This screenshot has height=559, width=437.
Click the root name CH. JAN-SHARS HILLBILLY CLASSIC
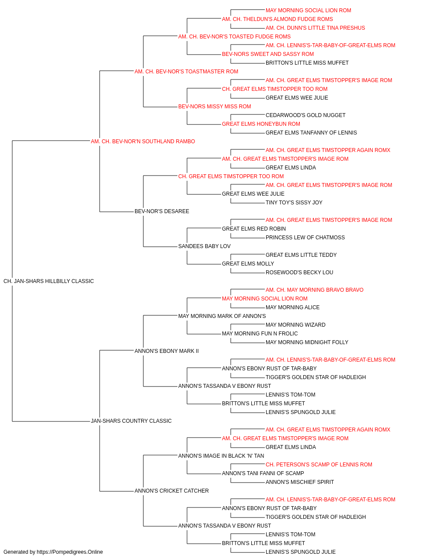tap(49, 281)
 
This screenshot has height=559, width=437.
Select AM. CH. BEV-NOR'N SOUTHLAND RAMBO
tap(143, 141)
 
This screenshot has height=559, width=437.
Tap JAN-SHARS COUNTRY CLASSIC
tap(131, 421)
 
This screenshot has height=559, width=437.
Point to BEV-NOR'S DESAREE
tap(162, 211)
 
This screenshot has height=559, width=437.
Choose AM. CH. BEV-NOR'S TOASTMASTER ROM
tap(186, 72)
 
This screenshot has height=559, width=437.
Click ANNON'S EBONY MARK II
tap(166, 351)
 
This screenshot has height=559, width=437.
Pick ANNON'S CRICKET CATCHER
tap(171, 491)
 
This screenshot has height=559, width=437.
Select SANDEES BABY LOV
tap(205, 246)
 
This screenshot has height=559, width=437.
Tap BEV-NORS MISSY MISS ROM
tap(215, 107)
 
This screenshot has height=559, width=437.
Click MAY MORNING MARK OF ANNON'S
tap(222, 316)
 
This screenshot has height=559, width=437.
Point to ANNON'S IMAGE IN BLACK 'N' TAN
tap(221, 456)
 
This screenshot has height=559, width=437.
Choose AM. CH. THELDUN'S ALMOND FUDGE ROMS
tap(277, 19)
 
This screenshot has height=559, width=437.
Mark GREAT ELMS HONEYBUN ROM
tap(261, 124)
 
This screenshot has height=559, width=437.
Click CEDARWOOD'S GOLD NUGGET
tap(305, 115)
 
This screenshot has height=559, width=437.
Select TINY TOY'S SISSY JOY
tap(294, 203)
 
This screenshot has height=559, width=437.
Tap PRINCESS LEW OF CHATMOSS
tap(305, 238)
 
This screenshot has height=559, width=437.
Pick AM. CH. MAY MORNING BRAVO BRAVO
tap(315, 290)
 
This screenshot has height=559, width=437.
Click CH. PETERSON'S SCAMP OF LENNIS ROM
tap(319, 465)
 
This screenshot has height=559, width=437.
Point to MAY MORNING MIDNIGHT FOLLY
tap(307, 342)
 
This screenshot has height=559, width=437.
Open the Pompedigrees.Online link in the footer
tap(70, 552)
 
